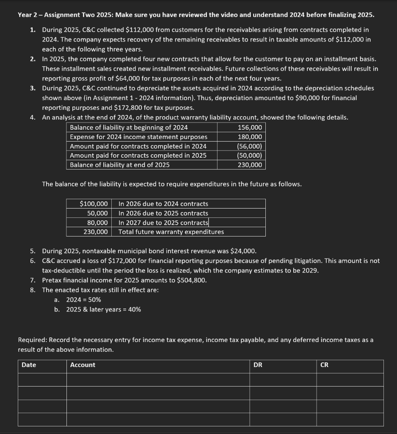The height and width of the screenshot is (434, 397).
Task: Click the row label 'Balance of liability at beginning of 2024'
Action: pos(129,128)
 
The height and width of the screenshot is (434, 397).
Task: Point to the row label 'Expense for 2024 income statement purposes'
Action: pos(138,137)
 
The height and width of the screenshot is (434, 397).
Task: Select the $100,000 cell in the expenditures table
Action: pos(94,204)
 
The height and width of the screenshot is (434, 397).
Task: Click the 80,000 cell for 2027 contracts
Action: pos(97,223)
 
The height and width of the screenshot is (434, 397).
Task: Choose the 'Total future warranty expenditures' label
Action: pos(171,232)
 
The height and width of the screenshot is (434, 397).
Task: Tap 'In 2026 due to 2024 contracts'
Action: pos(163,204)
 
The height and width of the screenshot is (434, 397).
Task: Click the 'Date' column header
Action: pos(29,365)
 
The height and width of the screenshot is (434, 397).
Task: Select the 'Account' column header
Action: pos(83,365)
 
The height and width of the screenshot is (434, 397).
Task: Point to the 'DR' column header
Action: pos(258,365)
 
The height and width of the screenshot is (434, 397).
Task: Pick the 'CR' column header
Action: pos(324,365)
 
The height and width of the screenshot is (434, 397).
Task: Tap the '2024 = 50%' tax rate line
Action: pos(83,300)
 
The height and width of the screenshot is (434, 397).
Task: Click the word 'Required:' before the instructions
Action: pos(33,340)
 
